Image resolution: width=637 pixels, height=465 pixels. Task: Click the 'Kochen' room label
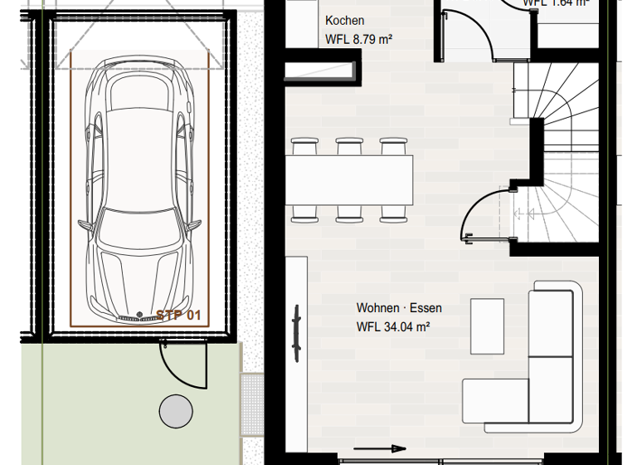click(344, 21)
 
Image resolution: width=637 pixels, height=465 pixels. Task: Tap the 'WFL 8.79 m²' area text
click(358, 39)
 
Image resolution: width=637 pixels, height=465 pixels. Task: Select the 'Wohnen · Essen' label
click(399, 308)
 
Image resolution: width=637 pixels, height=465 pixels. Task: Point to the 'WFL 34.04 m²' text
click(392, 327)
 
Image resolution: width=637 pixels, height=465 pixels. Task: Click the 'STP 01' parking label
click(178, 316)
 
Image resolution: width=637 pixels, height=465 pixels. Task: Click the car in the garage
click(139, 191)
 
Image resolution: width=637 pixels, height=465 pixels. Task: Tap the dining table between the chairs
click(351, 181)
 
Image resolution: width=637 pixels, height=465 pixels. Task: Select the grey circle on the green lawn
click(176, 410)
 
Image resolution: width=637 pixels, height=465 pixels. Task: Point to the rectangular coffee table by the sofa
click(487, 325)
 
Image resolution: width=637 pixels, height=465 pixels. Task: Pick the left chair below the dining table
click(304, 213)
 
